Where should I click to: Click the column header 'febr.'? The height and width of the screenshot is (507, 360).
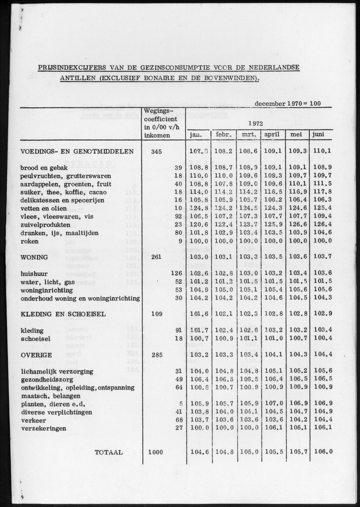pos(223,135)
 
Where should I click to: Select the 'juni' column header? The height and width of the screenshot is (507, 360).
pos(318,135)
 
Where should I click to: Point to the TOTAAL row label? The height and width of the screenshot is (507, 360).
pos(108,452)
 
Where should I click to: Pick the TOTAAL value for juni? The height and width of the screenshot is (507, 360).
pos(323,452)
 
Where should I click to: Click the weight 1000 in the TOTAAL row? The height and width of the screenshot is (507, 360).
pos(155,452)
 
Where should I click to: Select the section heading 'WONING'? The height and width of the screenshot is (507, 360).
pos(34,257)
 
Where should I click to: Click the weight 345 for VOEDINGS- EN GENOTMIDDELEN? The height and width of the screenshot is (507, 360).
pos(157,151)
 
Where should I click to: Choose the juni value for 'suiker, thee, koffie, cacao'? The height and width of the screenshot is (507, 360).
pos(323,192)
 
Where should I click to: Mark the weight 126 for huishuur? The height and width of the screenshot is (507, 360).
pos(176,273)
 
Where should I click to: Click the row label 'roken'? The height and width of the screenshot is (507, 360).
pos(29,241)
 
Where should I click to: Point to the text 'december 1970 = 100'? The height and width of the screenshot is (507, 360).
pos(288,103)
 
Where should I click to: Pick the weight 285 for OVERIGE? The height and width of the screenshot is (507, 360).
pos(157,355)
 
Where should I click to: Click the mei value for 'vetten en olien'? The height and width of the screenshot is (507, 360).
pos(298,208)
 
